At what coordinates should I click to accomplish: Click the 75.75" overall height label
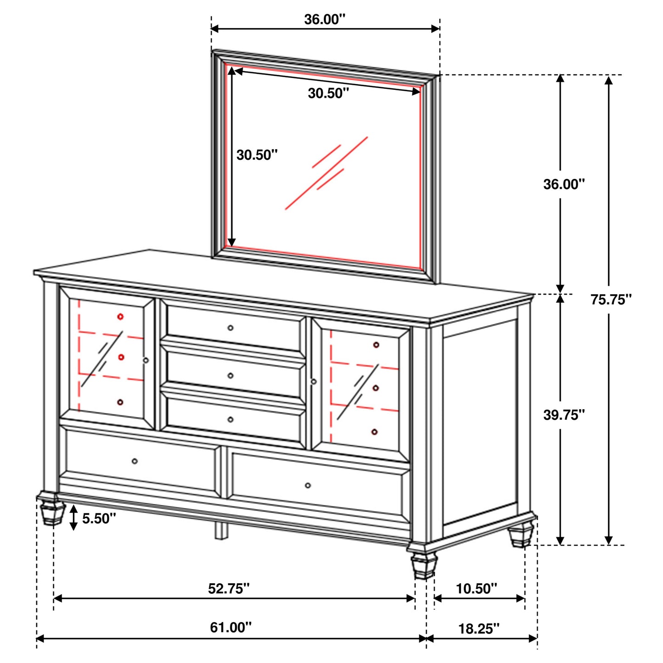[611, 300]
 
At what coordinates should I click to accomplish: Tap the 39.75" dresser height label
[564, 415]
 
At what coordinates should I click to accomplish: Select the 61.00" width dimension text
[231, 627]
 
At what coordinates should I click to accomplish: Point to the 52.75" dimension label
[229, 589]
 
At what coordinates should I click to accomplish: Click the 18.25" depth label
[479, 628]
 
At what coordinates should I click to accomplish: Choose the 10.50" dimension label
[476, 589]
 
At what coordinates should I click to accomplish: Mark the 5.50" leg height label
[99, 518]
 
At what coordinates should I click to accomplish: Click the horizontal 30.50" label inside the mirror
[328, 93]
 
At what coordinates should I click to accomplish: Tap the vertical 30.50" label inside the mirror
[257, 155]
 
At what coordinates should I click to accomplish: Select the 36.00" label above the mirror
[324, 19]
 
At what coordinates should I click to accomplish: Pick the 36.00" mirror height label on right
[564, 184]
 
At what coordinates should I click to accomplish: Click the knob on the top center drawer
[230, 328]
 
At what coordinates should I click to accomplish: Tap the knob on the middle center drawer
[230, 375]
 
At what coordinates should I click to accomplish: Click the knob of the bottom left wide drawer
[134, 461]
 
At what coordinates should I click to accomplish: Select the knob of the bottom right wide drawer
[307, 485]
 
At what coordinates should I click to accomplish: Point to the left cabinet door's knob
[146, 361]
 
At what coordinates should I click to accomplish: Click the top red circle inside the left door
[120, 317]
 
